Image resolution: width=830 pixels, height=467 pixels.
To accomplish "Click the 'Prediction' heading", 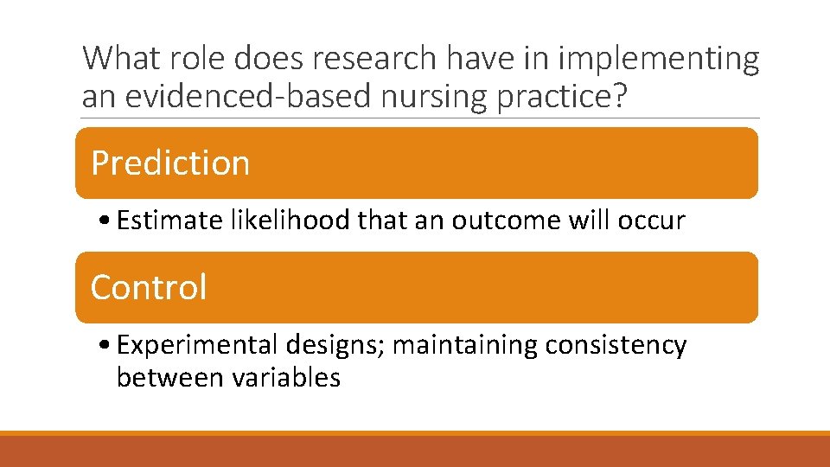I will [170, 163].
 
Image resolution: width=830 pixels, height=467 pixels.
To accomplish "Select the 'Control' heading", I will [149, 287].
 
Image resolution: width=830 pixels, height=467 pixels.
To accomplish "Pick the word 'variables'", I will [284, 377].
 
